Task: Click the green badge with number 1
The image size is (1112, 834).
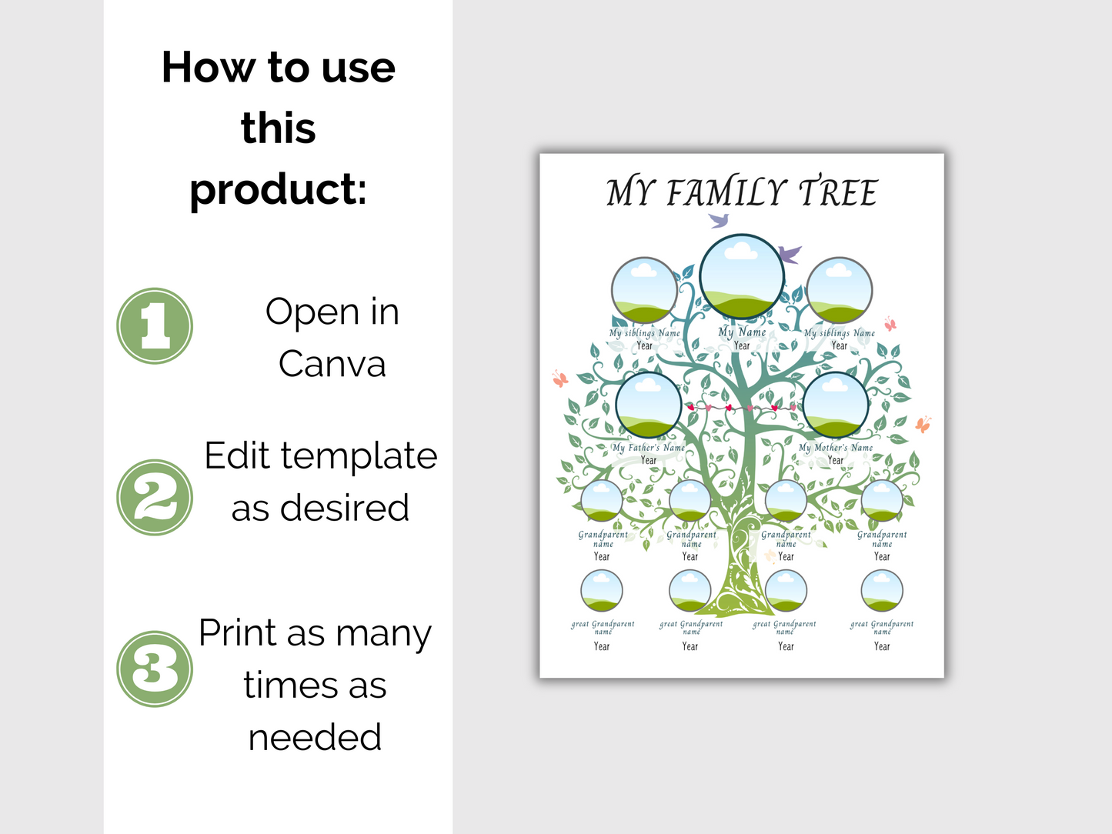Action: pos(155,325)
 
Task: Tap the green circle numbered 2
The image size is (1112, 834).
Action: pos(155,497)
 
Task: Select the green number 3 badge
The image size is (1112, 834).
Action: pos(155,669)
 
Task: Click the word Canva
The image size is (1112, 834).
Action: pos(332,364)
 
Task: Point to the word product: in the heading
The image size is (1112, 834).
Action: pos(278,189)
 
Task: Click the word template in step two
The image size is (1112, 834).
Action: pos(359,455)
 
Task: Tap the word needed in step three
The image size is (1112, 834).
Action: pos(315,737)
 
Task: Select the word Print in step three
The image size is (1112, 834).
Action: pos(238,633)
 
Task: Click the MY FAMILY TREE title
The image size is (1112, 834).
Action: pos(741,192)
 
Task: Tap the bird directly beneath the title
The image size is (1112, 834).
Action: pos(719,221)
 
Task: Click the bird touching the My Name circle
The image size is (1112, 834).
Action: pos(790,253)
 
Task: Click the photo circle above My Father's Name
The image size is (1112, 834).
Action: pos(649,405)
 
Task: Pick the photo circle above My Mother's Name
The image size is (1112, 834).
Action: pos(835,405)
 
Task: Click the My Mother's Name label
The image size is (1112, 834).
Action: pos(836,447)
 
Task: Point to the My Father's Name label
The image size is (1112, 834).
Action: pos(649,447)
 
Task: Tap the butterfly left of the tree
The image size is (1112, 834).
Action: pos(560,379)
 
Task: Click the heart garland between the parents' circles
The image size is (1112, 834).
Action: pos(742,407)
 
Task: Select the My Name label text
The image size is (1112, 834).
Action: pos(742,332)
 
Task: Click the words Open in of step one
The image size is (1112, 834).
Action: pos(332,312)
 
